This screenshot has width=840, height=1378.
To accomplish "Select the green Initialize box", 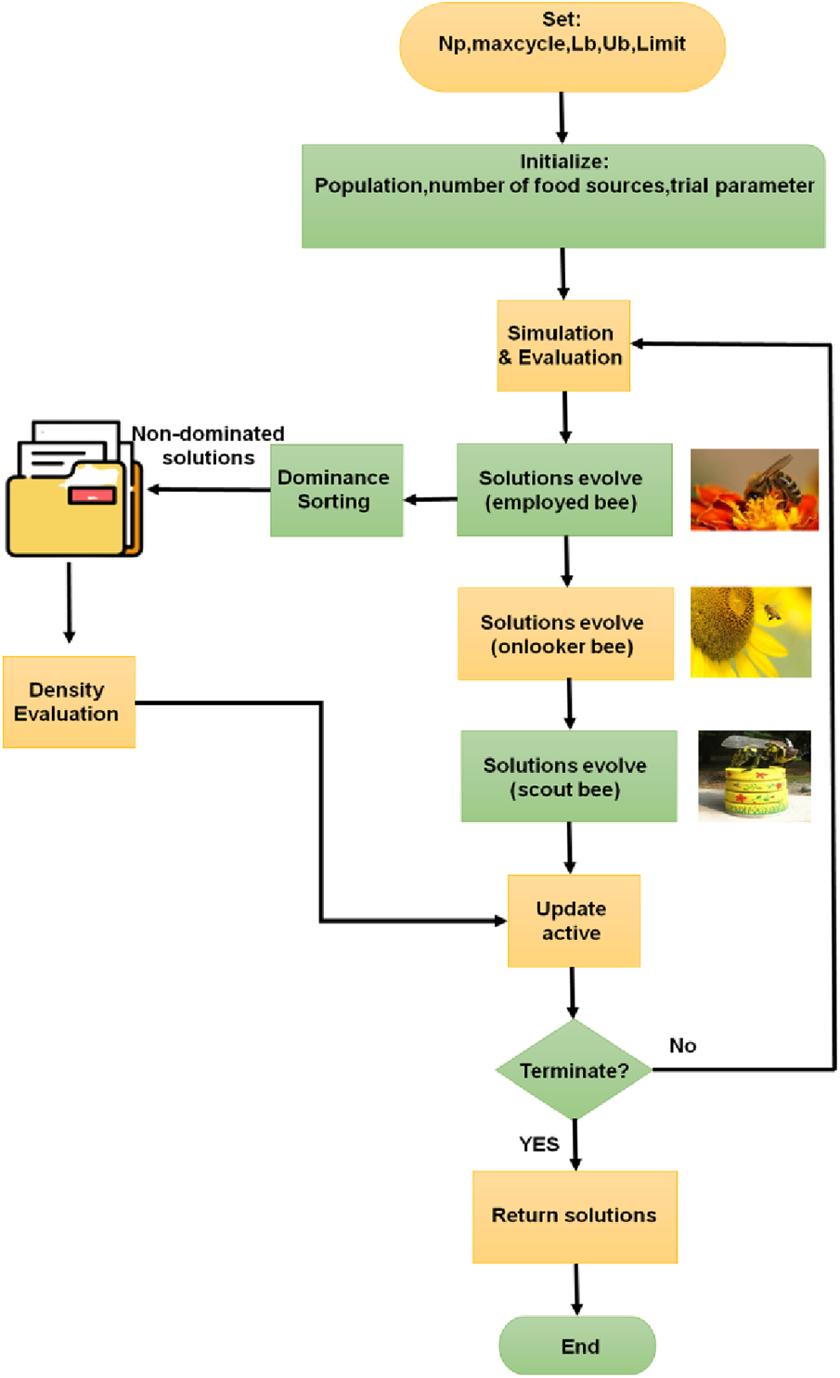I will point(563,196).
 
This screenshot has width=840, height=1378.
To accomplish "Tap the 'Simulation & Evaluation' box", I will point(563,345).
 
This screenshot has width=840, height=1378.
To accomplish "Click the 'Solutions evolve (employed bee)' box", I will point(564,490).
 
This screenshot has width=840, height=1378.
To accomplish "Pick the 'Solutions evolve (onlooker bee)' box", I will point(565,634).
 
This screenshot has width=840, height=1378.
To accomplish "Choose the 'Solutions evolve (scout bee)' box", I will point(568,777).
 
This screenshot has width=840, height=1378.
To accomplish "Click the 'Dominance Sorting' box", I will point(336,490).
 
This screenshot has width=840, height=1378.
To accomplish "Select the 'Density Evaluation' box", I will point(69,702).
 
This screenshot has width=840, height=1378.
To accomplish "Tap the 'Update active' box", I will point(574,921).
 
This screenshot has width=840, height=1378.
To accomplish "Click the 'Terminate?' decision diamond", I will point(574,1070).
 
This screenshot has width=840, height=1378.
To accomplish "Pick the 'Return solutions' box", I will point(575,1216).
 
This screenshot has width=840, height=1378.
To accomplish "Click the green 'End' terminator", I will point(577,1346).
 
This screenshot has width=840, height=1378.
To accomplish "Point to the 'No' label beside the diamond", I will point(682,1046).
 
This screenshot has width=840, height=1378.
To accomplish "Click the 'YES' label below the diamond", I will point(538,1144).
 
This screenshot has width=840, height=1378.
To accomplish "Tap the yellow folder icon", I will point(74,492).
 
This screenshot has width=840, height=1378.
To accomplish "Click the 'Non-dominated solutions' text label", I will point(208,445).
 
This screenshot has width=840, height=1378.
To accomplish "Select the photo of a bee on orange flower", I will point(754,490).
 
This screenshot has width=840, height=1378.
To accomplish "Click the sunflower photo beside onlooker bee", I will point(750,632).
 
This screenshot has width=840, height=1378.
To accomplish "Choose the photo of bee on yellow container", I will point(754,776).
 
